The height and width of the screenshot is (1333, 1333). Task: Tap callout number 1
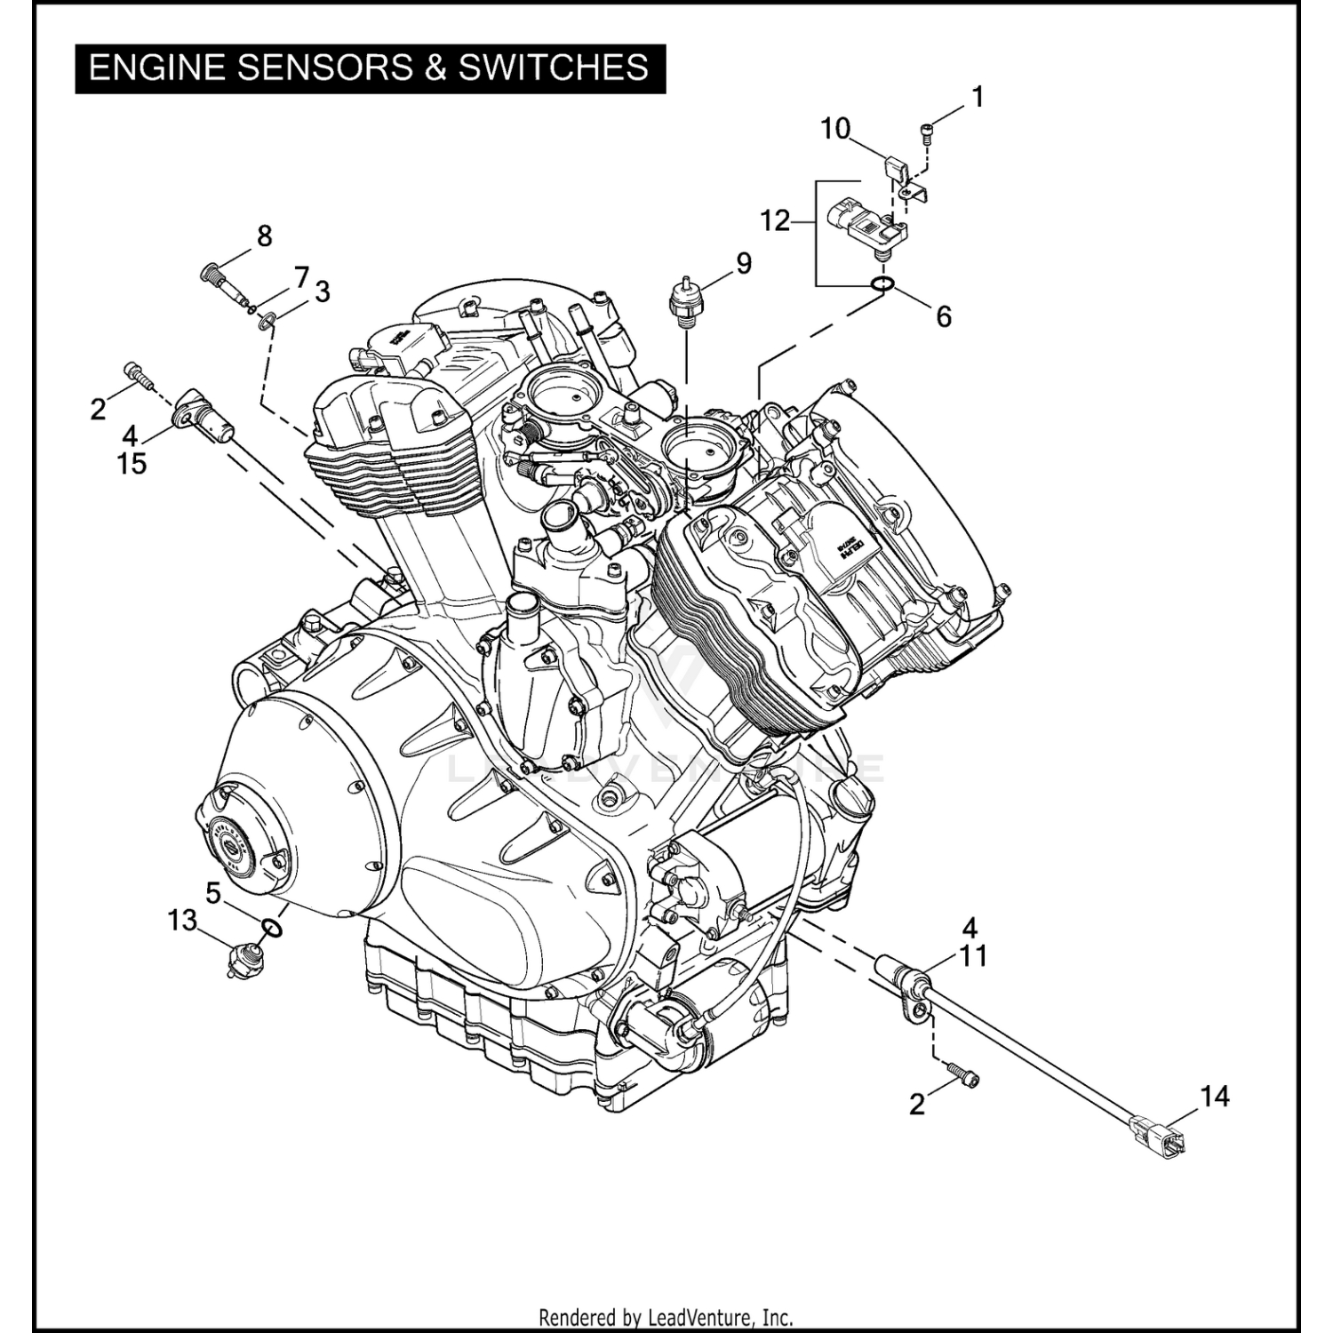pos(978,98)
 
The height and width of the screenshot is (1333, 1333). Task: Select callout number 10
pos(835,130)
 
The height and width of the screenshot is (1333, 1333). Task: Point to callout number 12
pos(775,220)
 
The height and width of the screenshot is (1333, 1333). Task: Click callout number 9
pos(743,264)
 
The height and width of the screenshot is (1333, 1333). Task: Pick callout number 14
pos(1214,1097)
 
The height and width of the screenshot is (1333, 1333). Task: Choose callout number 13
pos(182,921)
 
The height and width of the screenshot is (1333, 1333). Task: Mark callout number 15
pos(132,463)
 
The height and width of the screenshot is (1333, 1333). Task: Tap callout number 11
pos(974,956)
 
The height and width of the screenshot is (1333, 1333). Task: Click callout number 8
pos(264,236)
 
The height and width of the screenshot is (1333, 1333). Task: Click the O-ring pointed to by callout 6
pos(882,284)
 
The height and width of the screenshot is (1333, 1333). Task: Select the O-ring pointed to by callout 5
pos(273,928)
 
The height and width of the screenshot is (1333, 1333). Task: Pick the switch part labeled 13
pos(241,962)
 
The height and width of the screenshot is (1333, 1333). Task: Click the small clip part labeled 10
pos(895,168)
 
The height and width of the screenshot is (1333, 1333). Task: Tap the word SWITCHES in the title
pos(554,68)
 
